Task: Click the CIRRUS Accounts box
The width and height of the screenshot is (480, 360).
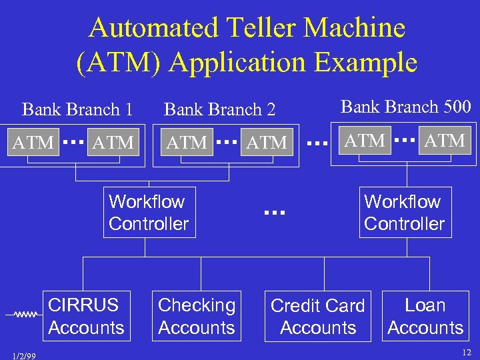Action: [86, 317]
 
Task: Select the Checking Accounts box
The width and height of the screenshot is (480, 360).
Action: [197, 317]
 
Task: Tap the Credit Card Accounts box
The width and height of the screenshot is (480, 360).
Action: [318, 317]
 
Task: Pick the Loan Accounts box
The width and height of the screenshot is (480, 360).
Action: [425, 317]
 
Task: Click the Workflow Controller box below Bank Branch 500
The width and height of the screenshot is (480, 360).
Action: [404, 213]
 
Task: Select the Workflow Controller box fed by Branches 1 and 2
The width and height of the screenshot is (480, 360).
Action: [149, 213]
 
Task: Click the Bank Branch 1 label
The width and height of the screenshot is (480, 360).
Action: [77, 109]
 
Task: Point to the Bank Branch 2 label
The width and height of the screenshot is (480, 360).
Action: [220, 109]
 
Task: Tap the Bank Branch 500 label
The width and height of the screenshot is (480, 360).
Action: [406, 106]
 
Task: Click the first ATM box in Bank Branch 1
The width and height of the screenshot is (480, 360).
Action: [34, 143]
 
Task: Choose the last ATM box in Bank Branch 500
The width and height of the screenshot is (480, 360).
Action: [445, 141]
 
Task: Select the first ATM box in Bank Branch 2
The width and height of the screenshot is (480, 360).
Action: [187, 143]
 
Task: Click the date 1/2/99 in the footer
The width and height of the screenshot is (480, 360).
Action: [24, 355]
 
